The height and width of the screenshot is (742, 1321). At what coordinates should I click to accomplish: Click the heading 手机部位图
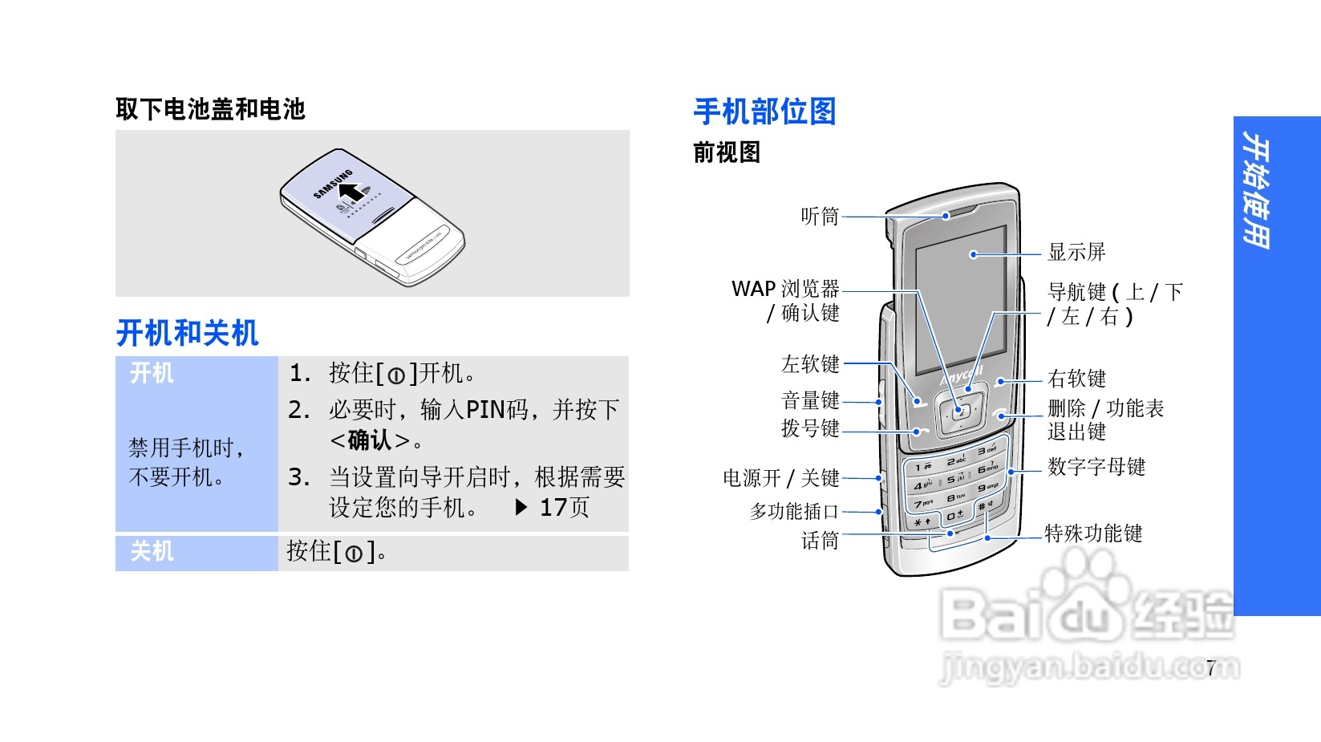pos(764,112)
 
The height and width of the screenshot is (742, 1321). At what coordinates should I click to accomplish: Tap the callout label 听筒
pos(819,217)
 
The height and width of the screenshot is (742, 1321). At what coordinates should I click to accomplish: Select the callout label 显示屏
pos(1076,253)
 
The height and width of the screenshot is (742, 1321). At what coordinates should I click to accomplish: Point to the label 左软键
pos(810,364)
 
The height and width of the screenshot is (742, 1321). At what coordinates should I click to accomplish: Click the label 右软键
pos(1076,379)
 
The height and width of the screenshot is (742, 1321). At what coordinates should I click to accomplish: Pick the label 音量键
pos(810,400)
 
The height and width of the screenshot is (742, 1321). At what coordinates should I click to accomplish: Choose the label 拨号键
pos(810,429)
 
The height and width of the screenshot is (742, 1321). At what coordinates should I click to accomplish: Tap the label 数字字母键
pos(1096,467)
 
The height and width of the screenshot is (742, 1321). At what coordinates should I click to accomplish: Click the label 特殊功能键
pos(1092,533)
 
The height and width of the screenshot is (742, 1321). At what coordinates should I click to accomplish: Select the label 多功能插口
pos(794,511)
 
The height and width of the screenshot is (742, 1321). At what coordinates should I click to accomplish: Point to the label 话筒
pos(819,541)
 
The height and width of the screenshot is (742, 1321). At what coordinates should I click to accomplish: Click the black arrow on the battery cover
pos(350,192)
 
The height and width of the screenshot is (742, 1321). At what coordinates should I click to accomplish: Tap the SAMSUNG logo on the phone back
pos(332,184)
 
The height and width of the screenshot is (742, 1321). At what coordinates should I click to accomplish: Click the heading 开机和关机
pos(187,333)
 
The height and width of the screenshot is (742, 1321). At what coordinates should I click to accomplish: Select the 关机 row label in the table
pos(152,552)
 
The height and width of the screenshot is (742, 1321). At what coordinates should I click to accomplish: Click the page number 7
pos(1211,667)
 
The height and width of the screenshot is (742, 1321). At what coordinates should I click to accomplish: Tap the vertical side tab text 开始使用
pos(1256,191)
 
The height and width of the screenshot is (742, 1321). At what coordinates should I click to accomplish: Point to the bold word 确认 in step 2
pos(370,440)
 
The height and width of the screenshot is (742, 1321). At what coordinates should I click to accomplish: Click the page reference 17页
pos(565,508)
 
